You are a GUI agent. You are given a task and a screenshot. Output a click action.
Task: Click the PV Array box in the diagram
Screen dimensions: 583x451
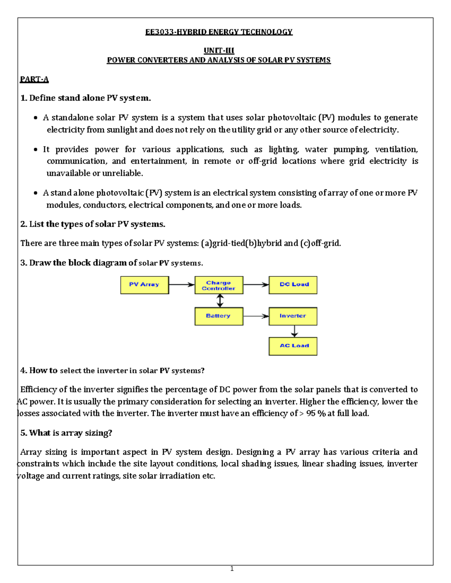point(144,285)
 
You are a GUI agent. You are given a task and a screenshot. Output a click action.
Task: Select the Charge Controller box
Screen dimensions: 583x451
point(219,285)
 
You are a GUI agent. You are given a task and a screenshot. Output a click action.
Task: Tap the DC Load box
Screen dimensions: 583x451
point(293,285)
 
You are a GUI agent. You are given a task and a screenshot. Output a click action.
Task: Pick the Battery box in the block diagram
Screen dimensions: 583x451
point(219,316)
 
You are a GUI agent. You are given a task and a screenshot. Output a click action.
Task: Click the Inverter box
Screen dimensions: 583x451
point(293,316)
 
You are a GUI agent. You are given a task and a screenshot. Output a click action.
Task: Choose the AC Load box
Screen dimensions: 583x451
point(293,346)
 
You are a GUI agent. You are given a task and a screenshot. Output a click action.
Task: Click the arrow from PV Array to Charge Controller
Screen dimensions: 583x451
point(182,285)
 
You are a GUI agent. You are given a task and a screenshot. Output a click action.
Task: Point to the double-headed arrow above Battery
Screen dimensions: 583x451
point(220,301)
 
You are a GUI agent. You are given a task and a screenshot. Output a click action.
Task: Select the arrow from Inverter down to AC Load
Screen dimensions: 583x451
point(294,331)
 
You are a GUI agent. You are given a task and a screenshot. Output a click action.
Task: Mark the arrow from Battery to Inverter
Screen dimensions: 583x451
point(256,316)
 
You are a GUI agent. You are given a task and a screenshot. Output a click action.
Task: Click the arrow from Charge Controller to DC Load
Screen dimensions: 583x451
point(256,285)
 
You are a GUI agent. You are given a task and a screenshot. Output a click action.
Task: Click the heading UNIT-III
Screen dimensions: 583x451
point(219,50)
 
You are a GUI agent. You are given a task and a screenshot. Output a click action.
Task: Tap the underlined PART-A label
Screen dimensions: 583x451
point(34,79)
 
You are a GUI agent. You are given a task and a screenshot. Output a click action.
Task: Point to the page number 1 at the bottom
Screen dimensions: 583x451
point(232,569)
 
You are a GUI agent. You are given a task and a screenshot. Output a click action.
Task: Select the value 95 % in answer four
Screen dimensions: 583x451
point(316,413)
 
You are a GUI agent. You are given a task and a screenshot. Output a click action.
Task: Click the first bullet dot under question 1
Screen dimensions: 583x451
point(35,118)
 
